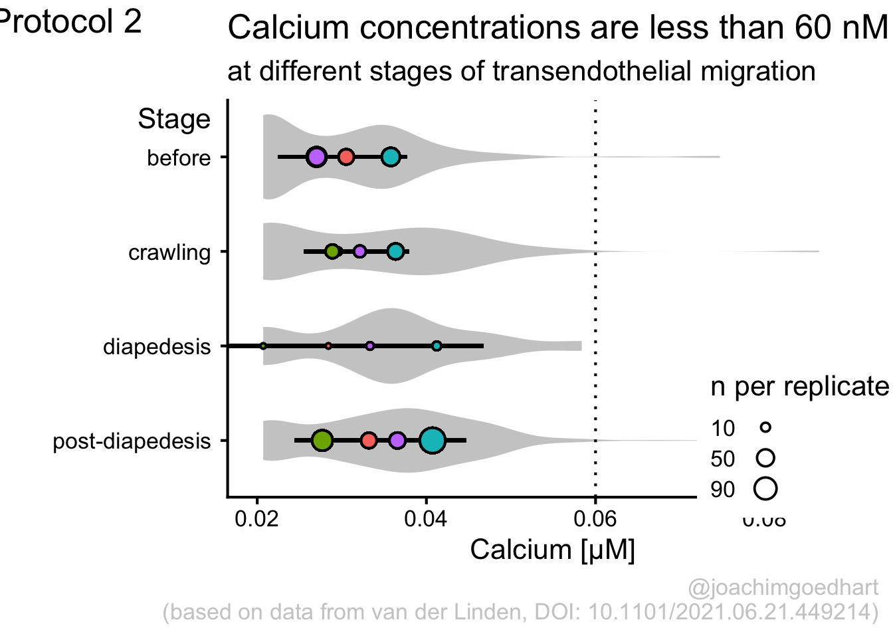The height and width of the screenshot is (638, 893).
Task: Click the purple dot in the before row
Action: [x=316, y=158]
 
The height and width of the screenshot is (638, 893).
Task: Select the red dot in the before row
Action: [x=346, y=158]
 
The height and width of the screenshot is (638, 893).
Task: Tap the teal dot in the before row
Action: [x=391, y=158]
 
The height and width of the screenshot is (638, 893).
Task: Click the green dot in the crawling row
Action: [x=333, y=251]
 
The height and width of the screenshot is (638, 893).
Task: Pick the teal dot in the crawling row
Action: [x=395, y=251]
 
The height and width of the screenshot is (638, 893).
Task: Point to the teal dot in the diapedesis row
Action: [x=437, y=346]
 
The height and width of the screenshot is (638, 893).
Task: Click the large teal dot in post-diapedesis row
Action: [x=432, y=441]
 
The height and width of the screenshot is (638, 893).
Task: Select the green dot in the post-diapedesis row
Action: [x=322, y=440]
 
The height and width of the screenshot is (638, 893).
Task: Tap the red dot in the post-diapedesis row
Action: [x=369, y=441]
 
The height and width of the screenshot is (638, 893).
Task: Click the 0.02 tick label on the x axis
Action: [x=256, y=518]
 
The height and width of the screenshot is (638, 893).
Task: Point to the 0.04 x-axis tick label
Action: [x=426, y=518]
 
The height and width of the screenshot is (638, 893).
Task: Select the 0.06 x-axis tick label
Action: [x=595, y=518]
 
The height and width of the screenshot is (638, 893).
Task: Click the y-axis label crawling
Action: [x=169, y=253]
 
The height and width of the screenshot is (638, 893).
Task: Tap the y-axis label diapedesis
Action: [x=157, y=347]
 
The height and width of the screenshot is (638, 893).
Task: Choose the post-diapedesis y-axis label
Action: [x=132, y=441]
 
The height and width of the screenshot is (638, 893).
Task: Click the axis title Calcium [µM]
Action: [x=552, y=550]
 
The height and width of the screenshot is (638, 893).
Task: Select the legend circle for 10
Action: [x=765, y=427]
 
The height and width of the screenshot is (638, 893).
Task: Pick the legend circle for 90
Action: [x=765, y=489]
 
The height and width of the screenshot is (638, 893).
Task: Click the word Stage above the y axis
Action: [x=174, y=120]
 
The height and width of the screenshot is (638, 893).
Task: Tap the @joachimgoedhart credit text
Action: [x=783, y=588]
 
